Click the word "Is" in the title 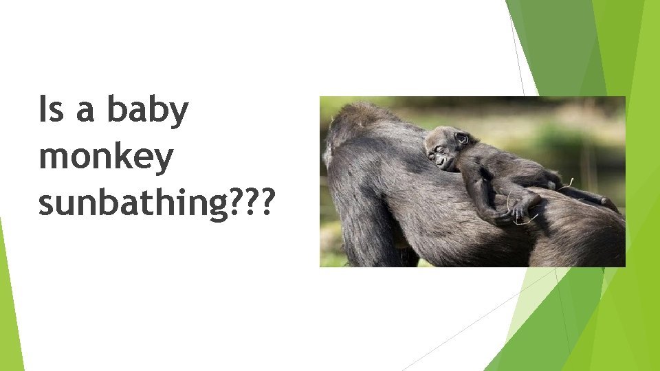pyautogui.click(x=51, y=112)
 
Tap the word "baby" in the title pyautogui.click(x=147, y=112)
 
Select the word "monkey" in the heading pyautogui.click(x=106, y=159)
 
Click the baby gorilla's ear pyautogui.click(x=463, y=139)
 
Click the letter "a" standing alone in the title pyautogui.click(x=85, y=112)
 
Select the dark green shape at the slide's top pyautogui.click(x=553, y=41)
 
